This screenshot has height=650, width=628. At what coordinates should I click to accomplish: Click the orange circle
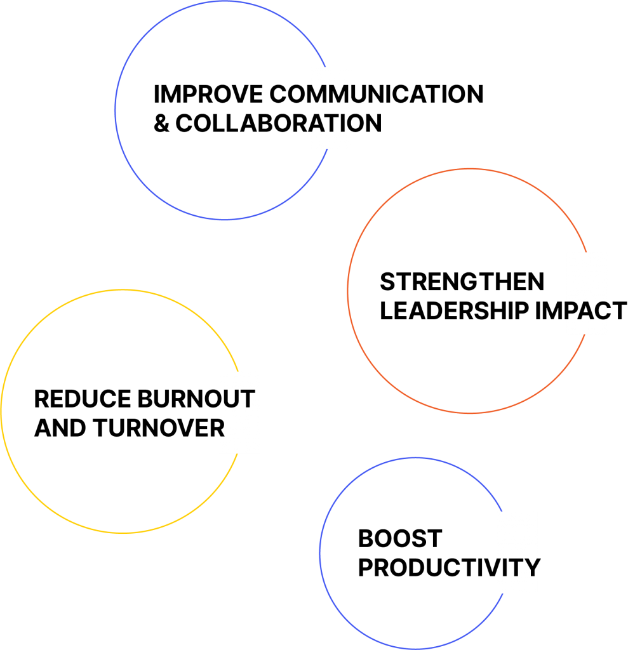tap(348, 291)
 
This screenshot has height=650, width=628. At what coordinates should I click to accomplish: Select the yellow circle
tap(1, 411)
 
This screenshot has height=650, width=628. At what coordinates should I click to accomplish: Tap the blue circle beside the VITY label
tap(320, 554)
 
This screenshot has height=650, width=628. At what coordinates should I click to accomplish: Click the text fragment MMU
tap(330, 95)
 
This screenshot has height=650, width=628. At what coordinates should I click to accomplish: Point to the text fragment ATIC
tap(331, 123)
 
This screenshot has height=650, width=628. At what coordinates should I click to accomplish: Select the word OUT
tap(237, 400)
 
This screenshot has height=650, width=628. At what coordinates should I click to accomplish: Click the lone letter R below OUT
tap(221, 429)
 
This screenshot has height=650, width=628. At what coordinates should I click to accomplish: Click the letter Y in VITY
tap(532, 568)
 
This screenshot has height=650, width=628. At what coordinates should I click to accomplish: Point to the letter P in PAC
tap(571, 311)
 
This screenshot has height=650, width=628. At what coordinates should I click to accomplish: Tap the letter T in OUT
tap(248, 400)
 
